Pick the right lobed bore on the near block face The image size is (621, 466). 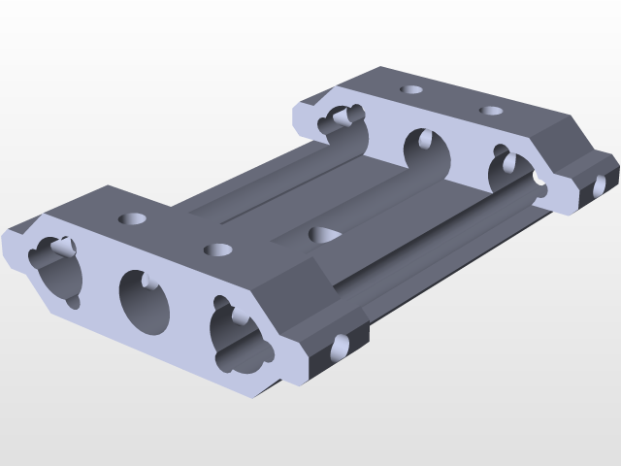[237, 337]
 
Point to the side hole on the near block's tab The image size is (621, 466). [340, 347]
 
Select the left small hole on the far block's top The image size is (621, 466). [411, 89]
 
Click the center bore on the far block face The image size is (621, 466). [427, 153]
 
